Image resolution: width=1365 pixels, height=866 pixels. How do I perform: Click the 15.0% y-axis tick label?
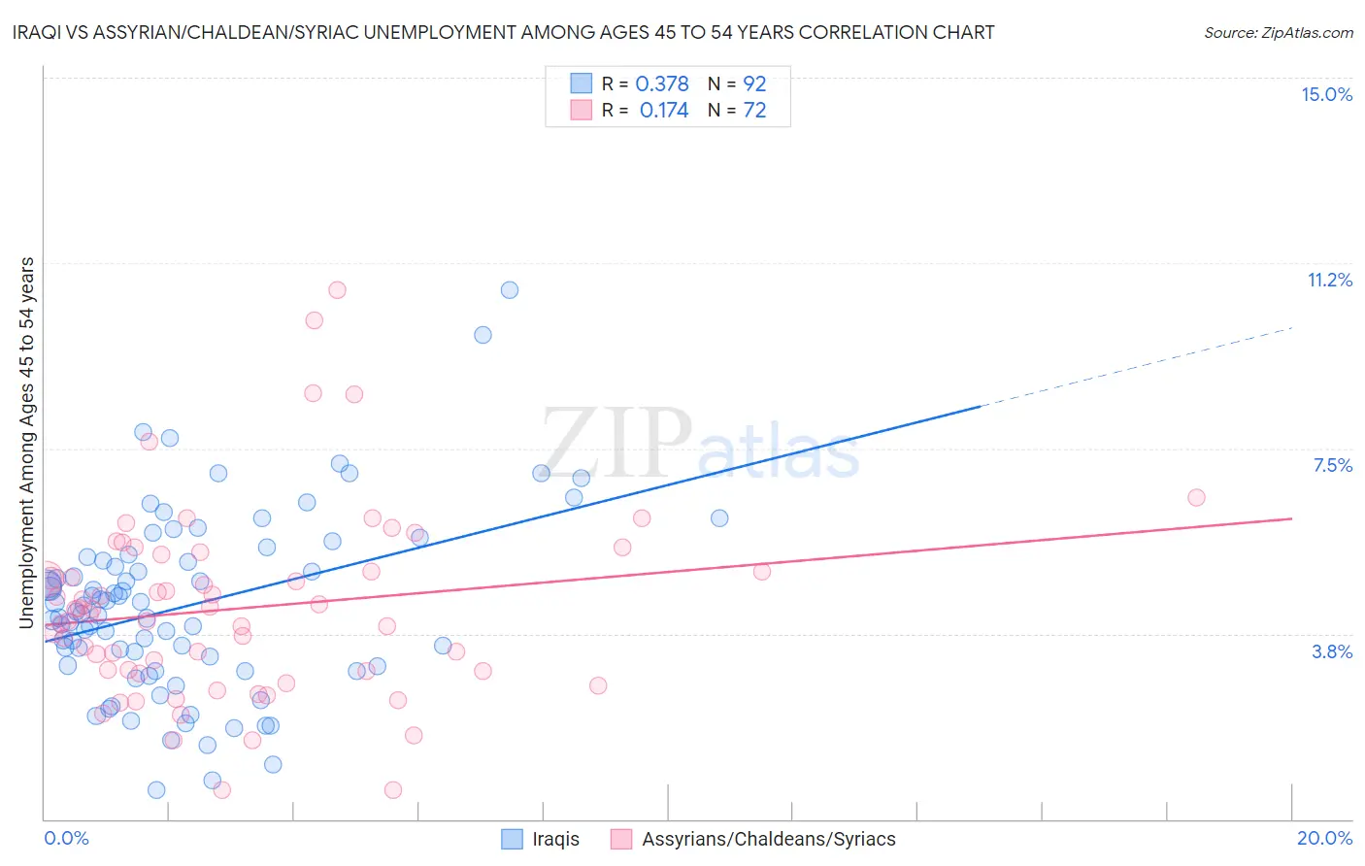[x=1326, y=94]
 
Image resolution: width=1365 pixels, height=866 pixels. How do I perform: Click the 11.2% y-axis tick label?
[x=1329, y=280]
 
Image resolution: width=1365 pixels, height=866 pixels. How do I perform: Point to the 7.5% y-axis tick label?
[x=1332, y=465]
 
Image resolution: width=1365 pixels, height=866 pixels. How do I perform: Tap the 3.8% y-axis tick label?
[x=1332, y=651]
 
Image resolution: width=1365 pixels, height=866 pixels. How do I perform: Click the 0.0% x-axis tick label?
[x=66, y=838]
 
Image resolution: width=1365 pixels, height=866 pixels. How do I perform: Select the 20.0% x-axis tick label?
[x=1324, y=838]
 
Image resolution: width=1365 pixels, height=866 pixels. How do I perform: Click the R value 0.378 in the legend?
[x=662, y=84]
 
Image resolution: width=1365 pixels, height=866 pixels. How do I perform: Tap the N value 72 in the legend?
[x=754, y=111]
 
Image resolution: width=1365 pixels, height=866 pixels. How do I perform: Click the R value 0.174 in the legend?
[x=664, y=111]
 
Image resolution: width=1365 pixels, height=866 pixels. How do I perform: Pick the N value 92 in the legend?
[x=754, y=84]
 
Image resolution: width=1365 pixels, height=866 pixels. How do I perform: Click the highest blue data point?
[x=510, y=290]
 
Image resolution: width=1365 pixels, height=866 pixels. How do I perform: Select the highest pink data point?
[x=337, y=289]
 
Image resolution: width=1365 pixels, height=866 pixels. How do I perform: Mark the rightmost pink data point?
[x=1196, y=497]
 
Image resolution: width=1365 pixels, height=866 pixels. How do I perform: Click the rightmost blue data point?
[x=719, y=518]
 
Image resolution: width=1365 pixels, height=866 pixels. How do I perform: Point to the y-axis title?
[x=27, y=442]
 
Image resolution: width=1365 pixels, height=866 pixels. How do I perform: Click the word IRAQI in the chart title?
[x=39, y=32]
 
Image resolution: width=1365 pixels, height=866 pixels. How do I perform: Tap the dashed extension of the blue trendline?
[x=1136, y=367]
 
